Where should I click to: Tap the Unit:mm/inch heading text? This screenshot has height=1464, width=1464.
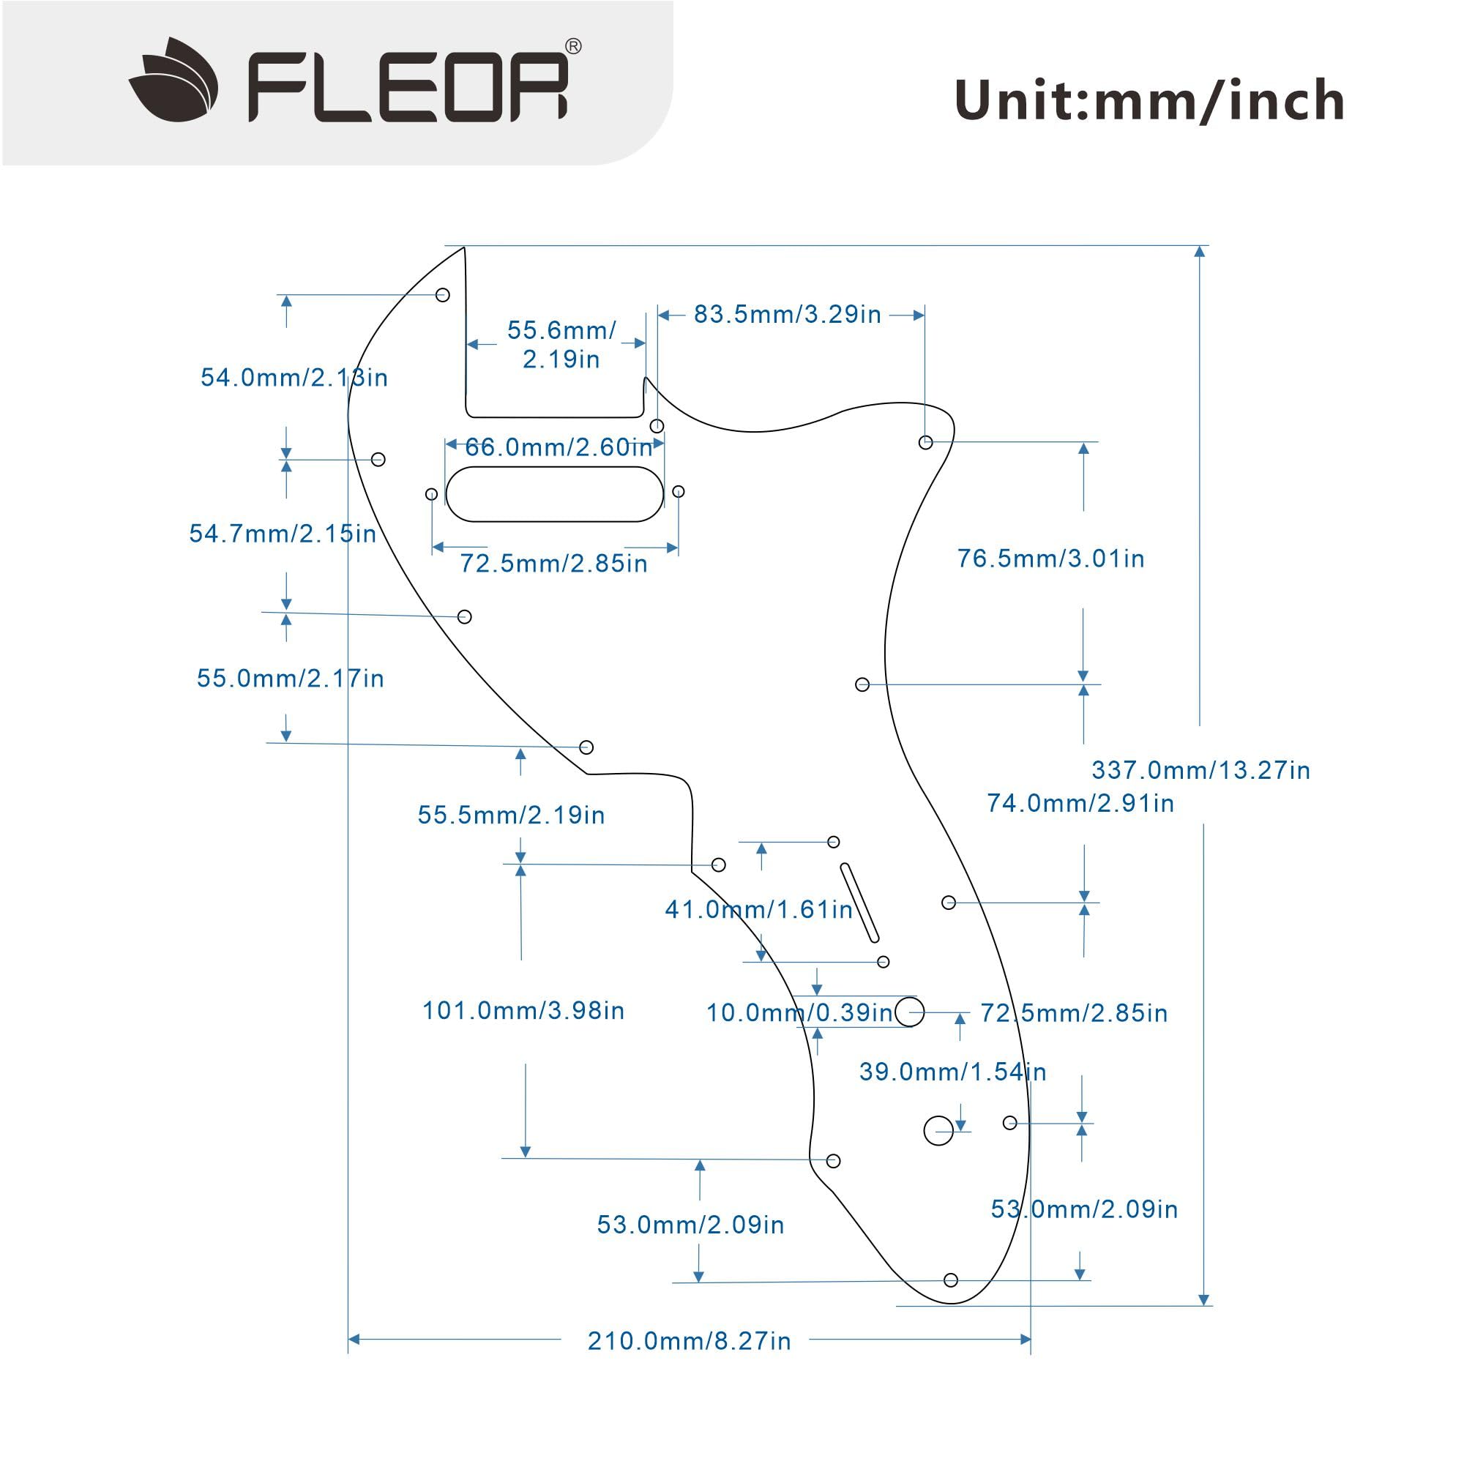coord(1149,101)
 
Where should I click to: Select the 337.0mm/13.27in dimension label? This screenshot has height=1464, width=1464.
coord(1200,771)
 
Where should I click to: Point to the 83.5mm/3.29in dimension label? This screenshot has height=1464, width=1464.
coord(788,315)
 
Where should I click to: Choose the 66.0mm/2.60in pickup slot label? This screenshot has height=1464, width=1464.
coord(559,447)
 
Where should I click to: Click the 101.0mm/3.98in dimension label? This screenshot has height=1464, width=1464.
coord(523,1010)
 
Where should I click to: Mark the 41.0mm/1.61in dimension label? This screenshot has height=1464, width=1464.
coord(758,909)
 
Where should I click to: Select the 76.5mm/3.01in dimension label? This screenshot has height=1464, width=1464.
coord(1050,559)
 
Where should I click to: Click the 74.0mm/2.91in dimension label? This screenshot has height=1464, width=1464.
coord(1080,803)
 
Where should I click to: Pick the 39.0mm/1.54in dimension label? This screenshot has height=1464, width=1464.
coord(952,1072)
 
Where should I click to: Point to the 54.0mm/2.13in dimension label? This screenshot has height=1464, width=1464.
coord(294,378)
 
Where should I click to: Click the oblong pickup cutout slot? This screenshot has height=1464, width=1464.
coord(555,494)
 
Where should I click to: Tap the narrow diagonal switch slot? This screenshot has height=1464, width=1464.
coord(860,903)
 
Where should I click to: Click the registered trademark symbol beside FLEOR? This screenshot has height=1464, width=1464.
coord(574,47)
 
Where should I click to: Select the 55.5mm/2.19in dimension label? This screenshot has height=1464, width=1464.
coord(512,815)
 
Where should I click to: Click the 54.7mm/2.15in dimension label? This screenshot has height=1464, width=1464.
coord(283,534)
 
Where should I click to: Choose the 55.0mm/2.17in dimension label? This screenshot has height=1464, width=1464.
coord(290,679)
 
